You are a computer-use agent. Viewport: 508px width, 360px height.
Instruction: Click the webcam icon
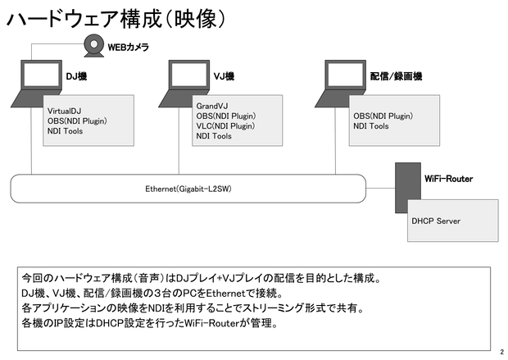pos(94,45)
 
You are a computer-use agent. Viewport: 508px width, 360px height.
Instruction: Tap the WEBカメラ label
pos(129,48)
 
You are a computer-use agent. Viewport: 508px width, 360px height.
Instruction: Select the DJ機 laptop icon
pos(36,84)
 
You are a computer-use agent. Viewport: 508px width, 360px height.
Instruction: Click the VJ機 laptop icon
pos(184,84)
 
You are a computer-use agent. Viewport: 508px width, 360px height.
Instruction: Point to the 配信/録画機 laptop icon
pos(341,84)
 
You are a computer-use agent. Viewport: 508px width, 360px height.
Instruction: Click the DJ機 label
pos(76,76)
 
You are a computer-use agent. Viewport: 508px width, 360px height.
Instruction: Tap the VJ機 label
pos(224,76)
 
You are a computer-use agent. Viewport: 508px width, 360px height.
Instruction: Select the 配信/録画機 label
pos(396,76)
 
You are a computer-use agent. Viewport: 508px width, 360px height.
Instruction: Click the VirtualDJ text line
pos(64,111)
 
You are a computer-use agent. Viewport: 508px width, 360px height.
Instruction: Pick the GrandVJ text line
pos(212,106)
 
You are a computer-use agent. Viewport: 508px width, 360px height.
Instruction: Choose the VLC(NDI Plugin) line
pos(225,125)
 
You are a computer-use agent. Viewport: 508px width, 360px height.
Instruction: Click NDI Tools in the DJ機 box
pos(65,131)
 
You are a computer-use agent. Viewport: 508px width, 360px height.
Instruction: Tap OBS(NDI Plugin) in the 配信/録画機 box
pos(383,116)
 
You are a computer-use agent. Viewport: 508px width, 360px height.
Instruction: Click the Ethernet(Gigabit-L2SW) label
pos(188,189)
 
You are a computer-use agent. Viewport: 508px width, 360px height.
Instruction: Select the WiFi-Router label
pos(448,179)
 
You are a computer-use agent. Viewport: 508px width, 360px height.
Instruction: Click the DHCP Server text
pos(436,221)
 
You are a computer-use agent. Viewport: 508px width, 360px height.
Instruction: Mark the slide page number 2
pos(502,352)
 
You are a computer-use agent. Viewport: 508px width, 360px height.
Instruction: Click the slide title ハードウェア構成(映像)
pos(116,19)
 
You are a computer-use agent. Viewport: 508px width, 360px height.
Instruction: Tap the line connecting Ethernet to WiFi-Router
pos(380,188)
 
